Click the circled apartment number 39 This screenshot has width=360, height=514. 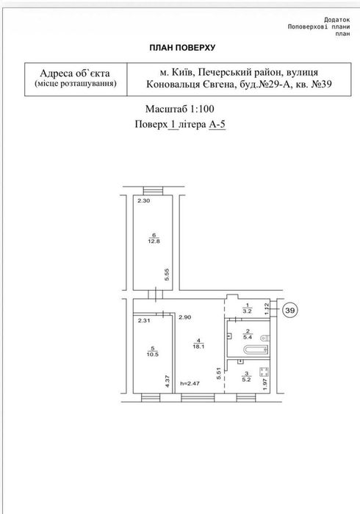[289, 310]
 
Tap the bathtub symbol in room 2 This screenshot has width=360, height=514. [256, 350]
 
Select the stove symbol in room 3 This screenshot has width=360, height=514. [264, 372]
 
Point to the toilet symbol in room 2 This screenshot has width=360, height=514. [265, 337]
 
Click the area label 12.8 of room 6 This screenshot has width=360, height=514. [154, 242]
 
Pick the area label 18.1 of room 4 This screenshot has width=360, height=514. [198, 346]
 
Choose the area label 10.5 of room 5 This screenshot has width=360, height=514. [153, 355]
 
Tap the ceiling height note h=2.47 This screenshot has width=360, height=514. [190, 383]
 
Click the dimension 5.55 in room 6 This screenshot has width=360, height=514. [167, 275]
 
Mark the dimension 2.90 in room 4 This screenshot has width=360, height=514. [185, 317]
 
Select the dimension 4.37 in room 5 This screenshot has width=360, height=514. [168, 382]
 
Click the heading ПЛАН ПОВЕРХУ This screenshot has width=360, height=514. [182, 48]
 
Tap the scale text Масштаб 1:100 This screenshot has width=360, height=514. [180, 109]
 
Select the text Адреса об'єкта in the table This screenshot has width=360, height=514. [75, 73]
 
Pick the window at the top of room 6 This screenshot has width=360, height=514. [153, 191]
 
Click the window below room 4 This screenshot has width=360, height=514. [198, 398]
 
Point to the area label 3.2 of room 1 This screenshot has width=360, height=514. [247, 311]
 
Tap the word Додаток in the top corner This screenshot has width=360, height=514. [337, 20]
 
